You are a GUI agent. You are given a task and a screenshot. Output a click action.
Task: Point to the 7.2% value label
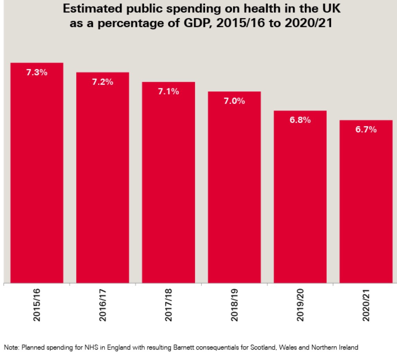coord(102,82)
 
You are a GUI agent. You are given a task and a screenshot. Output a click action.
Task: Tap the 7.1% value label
coord(168,92)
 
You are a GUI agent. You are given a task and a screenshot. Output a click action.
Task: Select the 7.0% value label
coord(234,101)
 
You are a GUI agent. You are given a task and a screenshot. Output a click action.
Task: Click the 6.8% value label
coord(300,120)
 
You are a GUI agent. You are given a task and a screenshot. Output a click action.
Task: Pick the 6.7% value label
coord(366,130)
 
